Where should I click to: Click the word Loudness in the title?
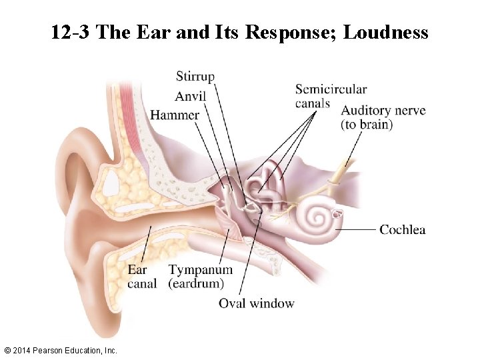385,32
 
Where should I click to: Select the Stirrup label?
195,77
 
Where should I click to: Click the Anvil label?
190,96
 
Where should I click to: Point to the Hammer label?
175,115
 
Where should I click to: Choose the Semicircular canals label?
331,96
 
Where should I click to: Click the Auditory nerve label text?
383,111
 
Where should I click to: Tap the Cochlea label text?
402,230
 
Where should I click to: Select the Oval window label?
256,303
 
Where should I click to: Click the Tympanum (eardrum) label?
201,277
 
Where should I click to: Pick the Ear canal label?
142,277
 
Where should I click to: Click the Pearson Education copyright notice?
60,350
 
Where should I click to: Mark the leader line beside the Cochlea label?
357,230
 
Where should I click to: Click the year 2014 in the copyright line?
23,350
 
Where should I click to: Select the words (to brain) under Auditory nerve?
367,125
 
